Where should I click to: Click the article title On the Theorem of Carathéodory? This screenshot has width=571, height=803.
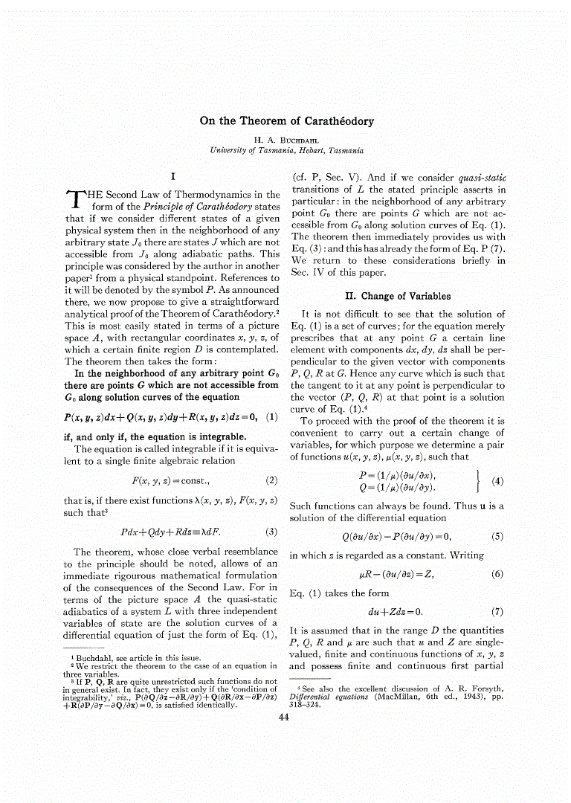(x=286, y=121)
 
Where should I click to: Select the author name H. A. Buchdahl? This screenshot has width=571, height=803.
(x=286, y=139)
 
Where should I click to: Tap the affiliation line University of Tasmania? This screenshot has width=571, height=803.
(x=286, y=150)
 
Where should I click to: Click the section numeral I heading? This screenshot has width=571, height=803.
(x=172, y=177)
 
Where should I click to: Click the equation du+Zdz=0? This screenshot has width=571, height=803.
(x=395, y=612)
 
